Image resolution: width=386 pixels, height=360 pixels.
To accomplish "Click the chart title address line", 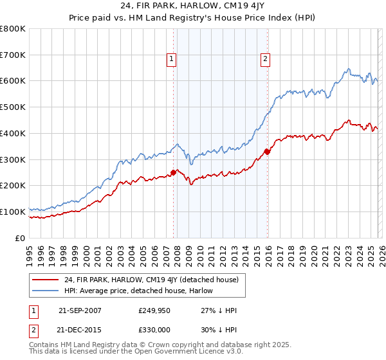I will point(192,6).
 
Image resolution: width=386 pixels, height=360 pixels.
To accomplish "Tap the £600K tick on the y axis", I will point(13,81).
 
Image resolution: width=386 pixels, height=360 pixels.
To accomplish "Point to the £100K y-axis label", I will point(13,212).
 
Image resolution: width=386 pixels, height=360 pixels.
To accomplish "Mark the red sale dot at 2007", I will point(173,172).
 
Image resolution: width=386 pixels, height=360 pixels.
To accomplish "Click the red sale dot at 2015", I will point(267,152).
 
